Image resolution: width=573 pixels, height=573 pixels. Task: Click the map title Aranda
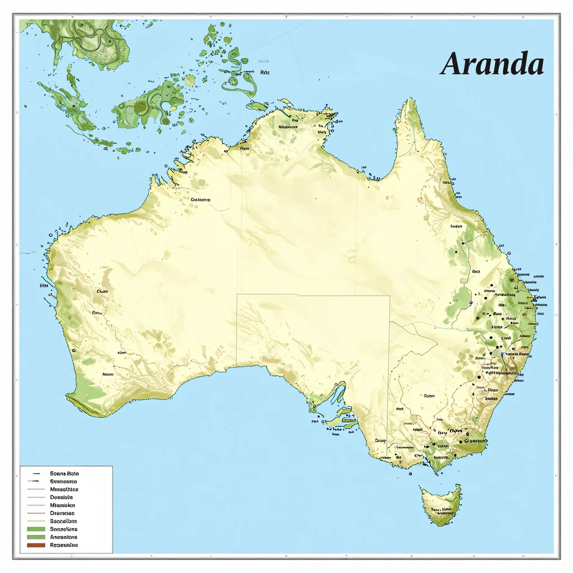point(492,64)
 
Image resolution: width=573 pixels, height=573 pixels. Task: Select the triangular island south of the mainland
point(442,504)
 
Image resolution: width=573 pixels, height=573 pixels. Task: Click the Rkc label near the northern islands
point(265,72)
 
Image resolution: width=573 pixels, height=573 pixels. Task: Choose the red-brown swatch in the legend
point(35,544)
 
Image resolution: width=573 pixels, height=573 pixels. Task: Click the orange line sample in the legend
point(35,513)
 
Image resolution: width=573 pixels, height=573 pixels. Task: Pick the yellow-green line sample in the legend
point(35,520)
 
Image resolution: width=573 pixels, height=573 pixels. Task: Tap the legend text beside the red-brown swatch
point(64,544)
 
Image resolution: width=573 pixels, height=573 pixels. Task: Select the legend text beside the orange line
point(62,513)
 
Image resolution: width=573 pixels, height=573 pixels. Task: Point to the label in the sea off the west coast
point(44,285)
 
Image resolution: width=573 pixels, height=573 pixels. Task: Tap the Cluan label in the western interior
point(102,291)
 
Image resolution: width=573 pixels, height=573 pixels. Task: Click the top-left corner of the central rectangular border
point(237,294)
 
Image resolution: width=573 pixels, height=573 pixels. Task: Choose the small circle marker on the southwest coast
point(74,350)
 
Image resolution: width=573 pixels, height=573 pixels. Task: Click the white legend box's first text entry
point(64,473)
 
